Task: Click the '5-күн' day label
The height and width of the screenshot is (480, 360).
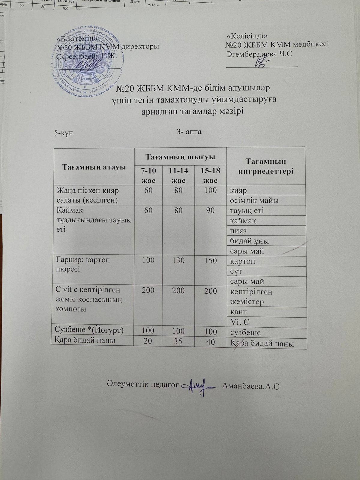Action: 63,133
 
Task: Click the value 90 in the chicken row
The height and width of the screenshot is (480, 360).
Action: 210,210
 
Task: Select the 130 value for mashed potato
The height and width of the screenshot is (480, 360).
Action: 178,260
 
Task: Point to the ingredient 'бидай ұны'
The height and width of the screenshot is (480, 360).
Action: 249,241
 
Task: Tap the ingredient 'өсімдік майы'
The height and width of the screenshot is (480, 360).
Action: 254,200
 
